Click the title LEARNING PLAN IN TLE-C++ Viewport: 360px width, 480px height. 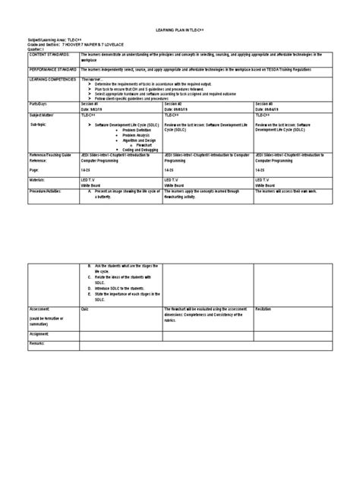(179, 35)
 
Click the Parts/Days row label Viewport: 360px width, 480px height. (39, 103)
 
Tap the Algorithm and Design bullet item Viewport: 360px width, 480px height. (130, 140)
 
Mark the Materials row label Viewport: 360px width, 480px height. (37, 182)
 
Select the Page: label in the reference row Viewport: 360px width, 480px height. (33, 172)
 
